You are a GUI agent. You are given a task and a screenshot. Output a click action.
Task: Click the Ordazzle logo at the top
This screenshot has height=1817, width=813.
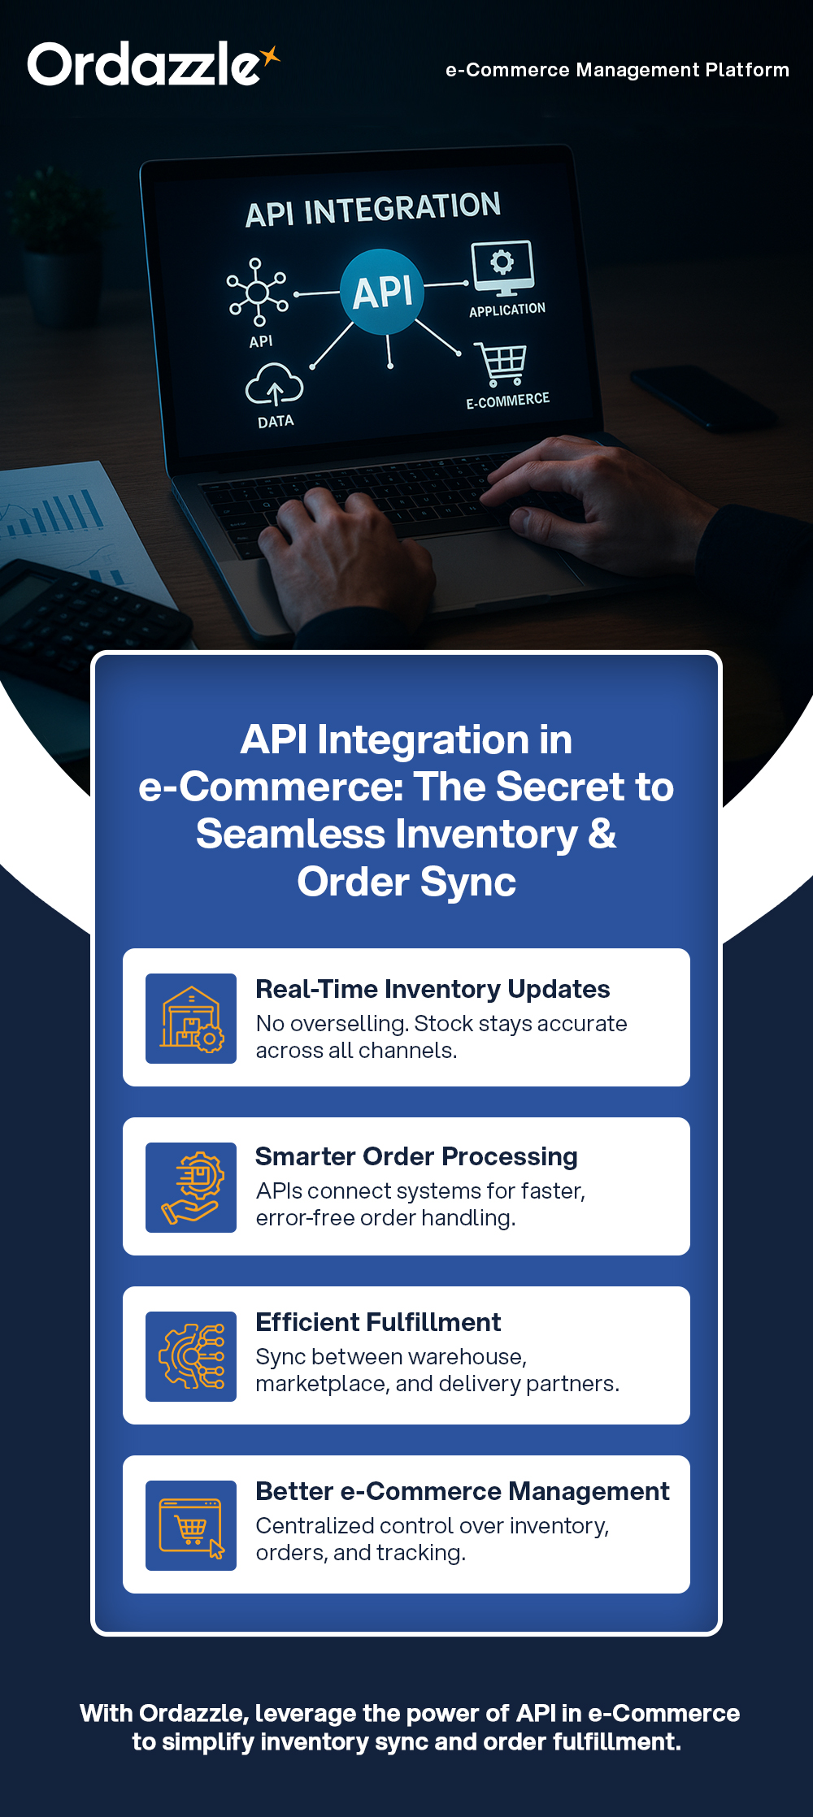[x=146, y=64]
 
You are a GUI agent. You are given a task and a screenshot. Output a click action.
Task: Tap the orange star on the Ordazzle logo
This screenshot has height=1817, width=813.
[x=270, y=55]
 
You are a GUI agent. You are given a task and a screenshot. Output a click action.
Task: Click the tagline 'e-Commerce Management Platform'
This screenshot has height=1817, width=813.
[x=617, y=70]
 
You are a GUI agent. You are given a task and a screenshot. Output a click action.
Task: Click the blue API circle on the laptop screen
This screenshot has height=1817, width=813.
[x=382, y=292]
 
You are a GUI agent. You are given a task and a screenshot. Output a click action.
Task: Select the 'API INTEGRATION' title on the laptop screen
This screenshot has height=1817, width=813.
[x=373, y=209]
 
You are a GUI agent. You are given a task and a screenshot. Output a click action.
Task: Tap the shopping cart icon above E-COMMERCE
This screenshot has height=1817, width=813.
[x=502, y=364]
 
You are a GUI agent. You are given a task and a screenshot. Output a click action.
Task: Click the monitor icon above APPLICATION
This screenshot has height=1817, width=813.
[x=502, y=267]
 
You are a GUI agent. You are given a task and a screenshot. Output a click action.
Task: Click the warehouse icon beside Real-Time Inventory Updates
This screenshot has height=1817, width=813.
[x=191, y=1018]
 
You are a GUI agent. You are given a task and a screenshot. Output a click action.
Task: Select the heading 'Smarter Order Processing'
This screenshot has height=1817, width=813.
[x=416, y=1156]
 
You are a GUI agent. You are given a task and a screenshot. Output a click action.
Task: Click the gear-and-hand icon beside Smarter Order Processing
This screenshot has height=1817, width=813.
[x=191, y=1187]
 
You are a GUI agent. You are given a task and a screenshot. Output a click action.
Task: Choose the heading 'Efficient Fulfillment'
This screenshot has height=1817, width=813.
[x=378, y=1322]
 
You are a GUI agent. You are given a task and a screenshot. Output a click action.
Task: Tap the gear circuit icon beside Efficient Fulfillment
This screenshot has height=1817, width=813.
[x=191, y=1356]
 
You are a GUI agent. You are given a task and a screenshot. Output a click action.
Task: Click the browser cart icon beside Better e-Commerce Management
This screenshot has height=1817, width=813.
[x=191, y=1525]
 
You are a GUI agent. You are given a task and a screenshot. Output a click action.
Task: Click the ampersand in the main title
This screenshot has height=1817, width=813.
[x=602, y=835]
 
